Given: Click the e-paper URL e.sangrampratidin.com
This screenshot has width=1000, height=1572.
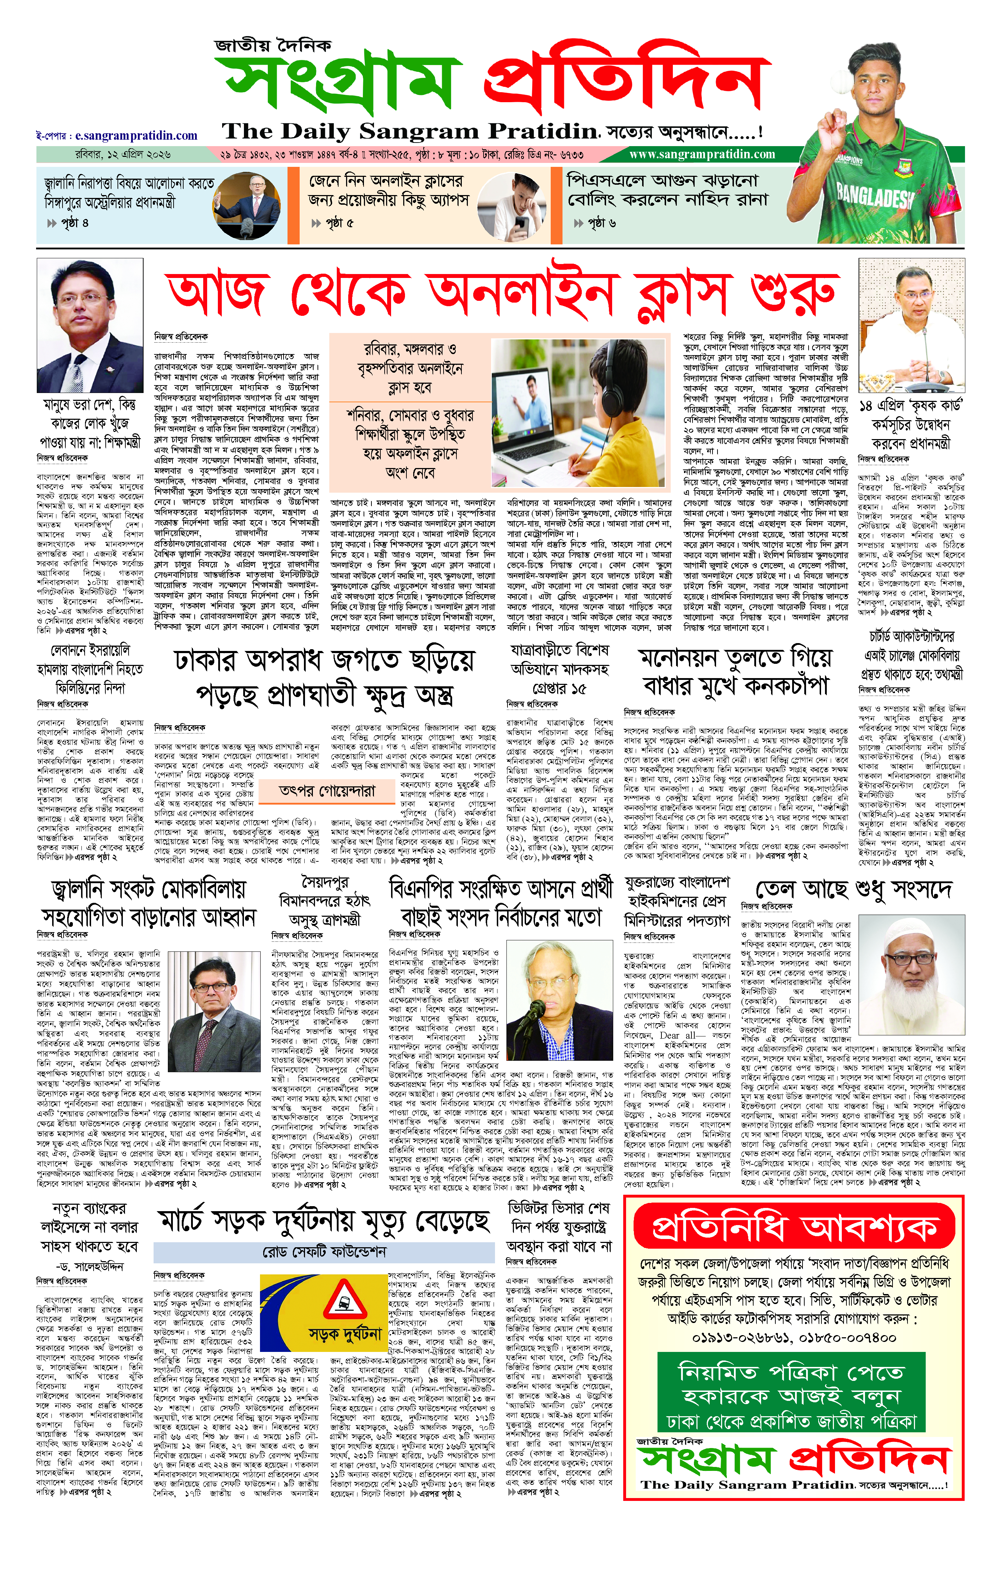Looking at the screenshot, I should click(136, 136).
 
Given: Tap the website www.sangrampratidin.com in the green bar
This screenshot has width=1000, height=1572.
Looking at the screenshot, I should click(702, 155).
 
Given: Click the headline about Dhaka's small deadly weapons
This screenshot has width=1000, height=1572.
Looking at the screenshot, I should click(324, 677).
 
